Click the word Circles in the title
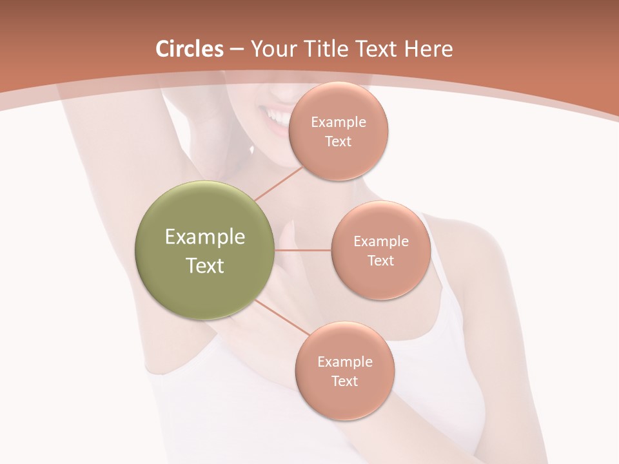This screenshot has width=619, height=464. (x=189, y=49)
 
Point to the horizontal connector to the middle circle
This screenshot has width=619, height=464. (x=303, y=250)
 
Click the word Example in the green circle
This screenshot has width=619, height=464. (x=205, y=237)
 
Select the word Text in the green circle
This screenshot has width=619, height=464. (x=205, y=266)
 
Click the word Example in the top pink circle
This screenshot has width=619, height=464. (x=339, y=122)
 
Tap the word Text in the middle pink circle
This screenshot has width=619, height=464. (x=380, y=260)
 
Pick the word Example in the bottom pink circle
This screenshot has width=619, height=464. (x=344, y=362)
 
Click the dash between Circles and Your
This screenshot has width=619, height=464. (x=236, y=50)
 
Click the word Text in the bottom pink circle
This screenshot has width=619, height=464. (x=344, y=381)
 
